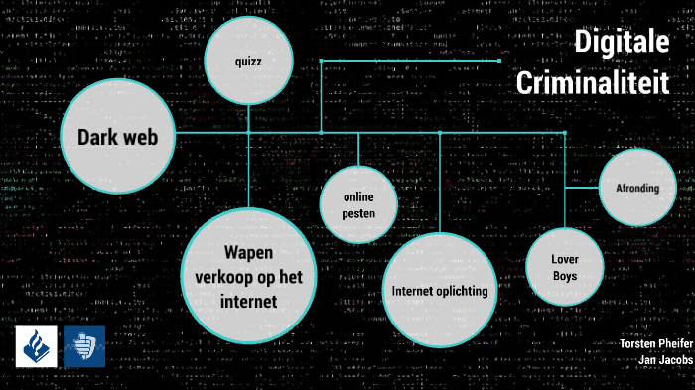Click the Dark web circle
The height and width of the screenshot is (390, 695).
click(x=118, y=137)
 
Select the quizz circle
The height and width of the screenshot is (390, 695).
click(x=248, y=62)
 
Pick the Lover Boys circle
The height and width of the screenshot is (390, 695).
click(x=565, y=267)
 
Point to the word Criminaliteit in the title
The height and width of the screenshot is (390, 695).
click(x=593, y=83)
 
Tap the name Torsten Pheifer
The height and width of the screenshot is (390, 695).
click(x=654, y=343)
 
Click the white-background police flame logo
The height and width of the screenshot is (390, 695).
click(x=36, y=346)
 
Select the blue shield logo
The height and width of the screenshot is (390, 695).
click(x=83, y=346)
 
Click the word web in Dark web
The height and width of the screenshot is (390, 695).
click(x=152, y=137)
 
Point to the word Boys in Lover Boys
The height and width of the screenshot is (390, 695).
click(x=565, y=275)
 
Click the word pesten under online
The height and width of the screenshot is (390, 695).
click(x=357, y=212)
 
